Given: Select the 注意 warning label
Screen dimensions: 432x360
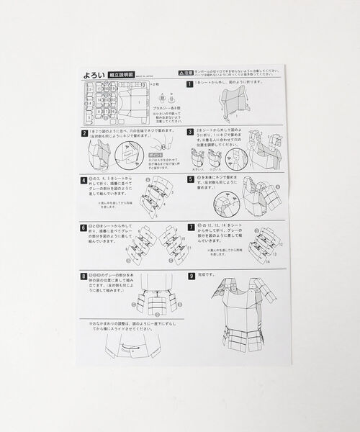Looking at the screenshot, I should pyautogui.click(x=186, y=73).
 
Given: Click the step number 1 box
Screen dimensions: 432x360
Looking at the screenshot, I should pyautogui.click(x=189, y=84).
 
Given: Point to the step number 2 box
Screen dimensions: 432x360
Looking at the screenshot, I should pyautogui.click(x=84, y=133).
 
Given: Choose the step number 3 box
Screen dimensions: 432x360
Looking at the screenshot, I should pyautogui.click(x=189, y=132).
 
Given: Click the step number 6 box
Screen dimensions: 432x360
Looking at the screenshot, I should pyautogui.click(x=84, y=225).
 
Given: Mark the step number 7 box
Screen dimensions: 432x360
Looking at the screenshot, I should pyautogui.click(x=190, y=225).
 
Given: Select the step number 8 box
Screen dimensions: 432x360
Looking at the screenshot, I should pyautogui.click(x=84, y=274).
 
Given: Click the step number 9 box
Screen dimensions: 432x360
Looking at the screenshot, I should pyautogui.click(x=190, y=274).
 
